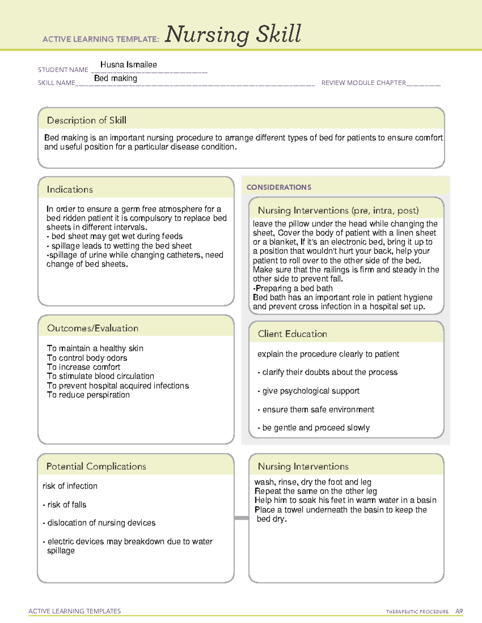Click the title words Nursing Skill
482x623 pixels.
(x=233, y=34)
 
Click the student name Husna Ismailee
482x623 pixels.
(x=129, y=65)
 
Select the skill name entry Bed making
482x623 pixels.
(x=116, y=78)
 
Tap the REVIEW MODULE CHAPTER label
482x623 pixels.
(x=364, y=83)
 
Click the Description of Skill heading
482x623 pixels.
(x=87, y=120)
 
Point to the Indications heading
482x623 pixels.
(x=70, y=189)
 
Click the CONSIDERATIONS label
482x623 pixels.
(x=279, y=187)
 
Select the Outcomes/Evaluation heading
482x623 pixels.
(x=93, y=328)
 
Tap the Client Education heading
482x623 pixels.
(x=292, y=334)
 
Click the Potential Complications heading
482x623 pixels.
(x=96, y=466)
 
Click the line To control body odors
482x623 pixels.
(x=87, y=358)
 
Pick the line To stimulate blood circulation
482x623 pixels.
(x=100, y=376)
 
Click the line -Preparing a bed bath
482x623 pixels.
(x=293, y=288)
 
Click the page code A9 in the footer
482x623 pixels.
(x=459, y=611)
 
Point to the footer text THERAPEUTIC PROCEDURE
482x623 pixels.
(x=417, y=612)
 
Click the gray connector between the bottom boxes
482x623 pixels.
(x=241, y=518)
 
